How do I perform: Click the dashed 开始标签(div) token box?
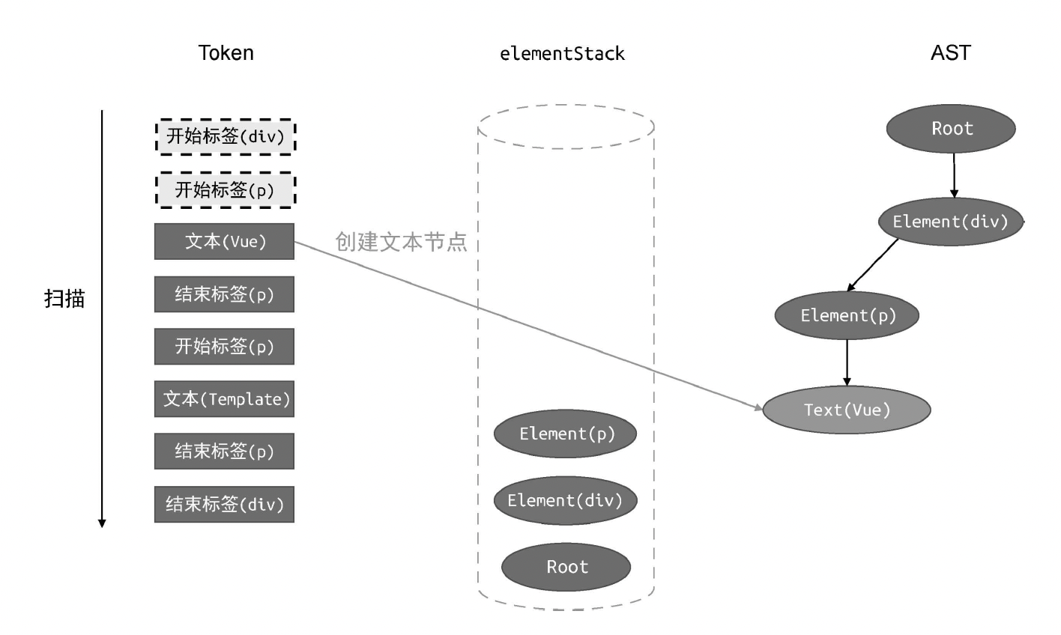tap(225, 137)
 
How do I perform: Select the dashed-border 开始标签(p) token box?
tap(225, 190)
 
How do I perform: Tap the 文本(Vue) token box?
tap(224, 241)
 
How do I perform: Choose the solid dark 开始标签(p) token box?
tap(224, 347)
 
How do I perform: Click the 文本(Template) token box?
tap(224, 399)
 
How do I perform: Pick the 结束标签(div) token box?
tap(224, 504)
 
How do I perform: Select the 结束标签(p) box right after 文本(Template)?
tap(224, 451)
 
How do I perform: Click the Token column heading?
tap(226, 53)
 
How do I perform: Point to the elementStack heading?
tap(562, 54)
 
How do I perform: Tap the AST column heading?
tap(951, 53)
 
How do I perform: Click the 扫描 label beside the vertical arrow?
tap(64, 299)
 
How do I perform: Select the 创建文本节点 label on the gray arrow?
tap(401, 241)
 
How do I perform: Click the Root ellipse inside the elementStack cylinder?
tap(566, 567)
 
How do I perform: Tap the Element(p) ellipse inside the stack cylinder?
tap(566, 434)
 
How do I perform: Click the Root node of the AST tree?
tap(951, 129)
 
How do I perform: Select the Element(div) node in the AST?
tap(950, 222)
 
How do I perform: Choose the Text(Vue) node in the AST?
tap(847, 410)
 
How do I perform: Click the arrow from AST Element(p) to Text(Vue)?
tap(847, 362)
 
